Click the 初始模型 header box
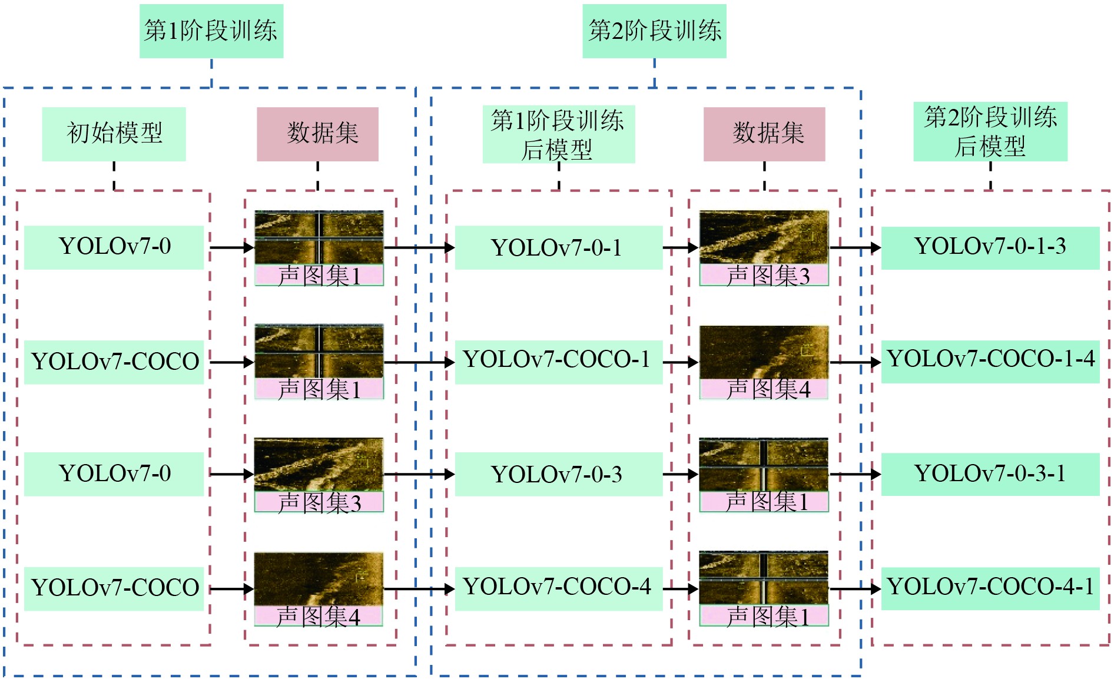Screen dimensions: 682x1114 tap(114, 134)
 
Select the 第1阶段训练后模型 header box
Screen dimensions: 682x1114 tap(558, 134)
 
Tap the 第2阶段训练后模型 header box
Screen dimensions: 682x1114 tap(990, 131)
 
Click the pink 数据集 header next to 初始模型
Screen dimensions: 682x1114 tap(317, 134)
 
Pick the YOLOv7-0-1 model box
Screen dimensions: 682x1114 tap(558, 248)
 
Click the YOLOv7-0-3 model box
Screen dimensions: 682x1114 tap(558, 474)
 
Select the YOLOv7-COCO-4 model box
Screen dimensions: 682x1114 tap(558, 588)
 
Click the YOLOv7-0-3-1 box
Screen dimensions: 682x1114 tap(990, 474)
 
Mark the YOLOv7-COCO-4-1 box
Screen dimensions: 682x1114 tap(990, 588)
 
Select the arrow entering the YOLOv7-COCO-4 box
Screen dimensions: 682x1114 tap(419, 588)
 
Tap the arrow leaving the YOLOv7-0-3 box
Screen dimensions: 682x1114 tap(680, 474)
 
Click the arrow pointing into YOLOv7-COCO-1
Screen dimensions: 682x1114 tap(419, 362)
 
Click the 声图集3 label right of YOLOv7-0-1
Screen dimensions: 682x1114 tap(764, 276)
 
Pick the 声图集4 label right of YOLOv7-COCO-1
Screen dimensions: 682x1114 tap(764, 389)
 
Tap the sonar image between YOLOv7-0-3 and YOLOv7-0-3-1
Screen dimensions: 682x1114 tap(764, 465)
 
